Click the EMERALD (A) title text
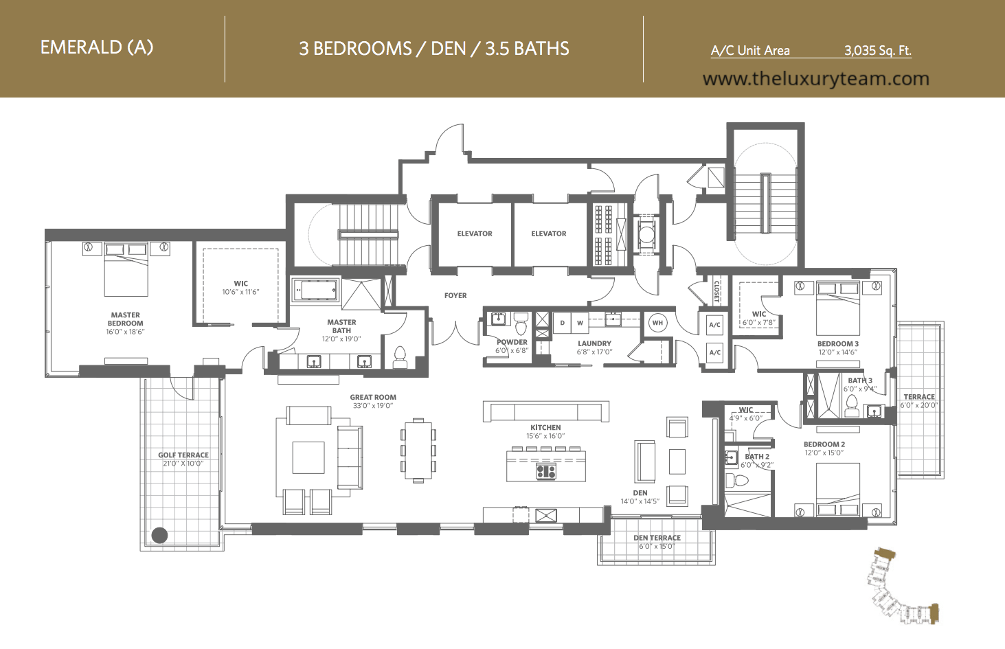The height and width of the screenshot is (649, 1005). (97, 47)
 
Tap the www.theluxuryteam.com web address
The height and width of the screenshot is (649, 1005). (815, 79)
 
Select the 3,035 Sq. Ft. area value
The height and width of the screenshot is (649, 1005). (878, 51)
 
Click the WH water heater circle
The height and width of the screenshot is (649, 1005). (657, 323)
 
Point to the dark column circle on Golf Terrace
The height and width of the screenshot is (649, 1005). (160, 535)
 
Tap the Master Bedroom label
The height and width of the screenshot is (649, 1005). (125, 319)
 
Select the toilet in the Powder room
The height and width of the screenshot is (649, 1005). (521, 324)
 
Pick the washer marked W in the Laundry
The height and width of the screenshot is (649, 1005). (580, 323)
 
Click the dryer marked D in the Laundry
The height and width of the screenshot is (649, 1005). (562, 323)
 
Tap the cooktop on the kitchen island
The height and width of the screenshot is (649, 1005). (546, 471)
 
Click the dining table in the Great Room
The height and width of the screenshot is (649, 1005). (418, 451)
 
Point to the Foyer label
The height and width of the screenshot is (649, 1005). (455, 295)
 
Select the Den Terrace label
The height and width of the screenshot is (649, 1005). (657, 538)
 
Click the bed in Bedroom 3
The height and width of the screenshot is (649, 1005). (838, 308)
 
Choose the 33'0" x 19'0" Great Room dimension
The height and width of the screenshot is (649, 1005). (373, 406)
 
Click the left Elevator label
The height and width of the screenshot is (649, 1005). (475, 234)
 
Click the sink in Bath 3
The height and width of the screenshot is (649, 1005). (873, 411)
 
